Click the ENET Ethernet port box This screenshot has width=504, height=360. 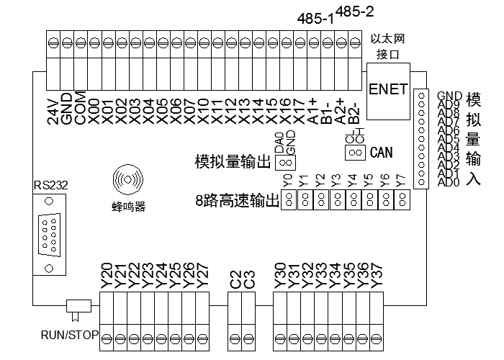coord(388,90)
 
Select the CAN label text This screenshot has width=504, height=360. coord(381,153)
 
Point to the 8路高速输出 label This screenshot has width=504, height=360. coord(237,201)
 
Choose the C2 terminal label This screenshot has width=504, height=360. coord(236,280)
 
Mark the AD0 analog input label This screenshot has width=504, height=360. coord(449,183)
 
